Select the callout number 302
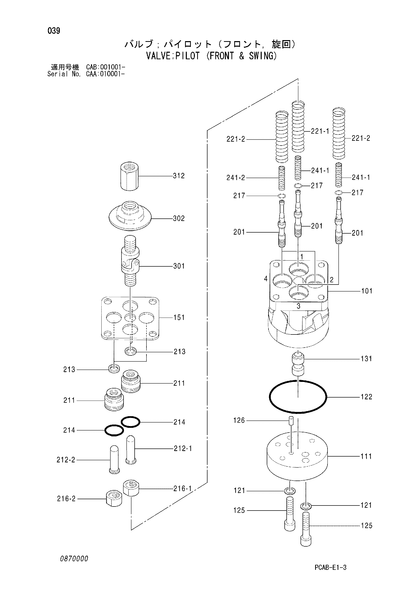[x=179, y=218]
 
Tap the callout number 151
[x=179, y=318]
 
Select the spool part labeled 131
[x=298, y=364]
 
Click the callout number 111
[x=366, y=456]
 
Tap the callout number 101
[x=367, y=291]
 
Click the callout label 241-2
[x=236, y=178]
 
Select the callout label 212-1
[x=183, y=449]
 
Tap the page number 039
[x=54, y=31]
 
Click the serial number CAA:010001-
[x=106, y=74]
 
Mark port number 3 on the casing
[x=298, y=306]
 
